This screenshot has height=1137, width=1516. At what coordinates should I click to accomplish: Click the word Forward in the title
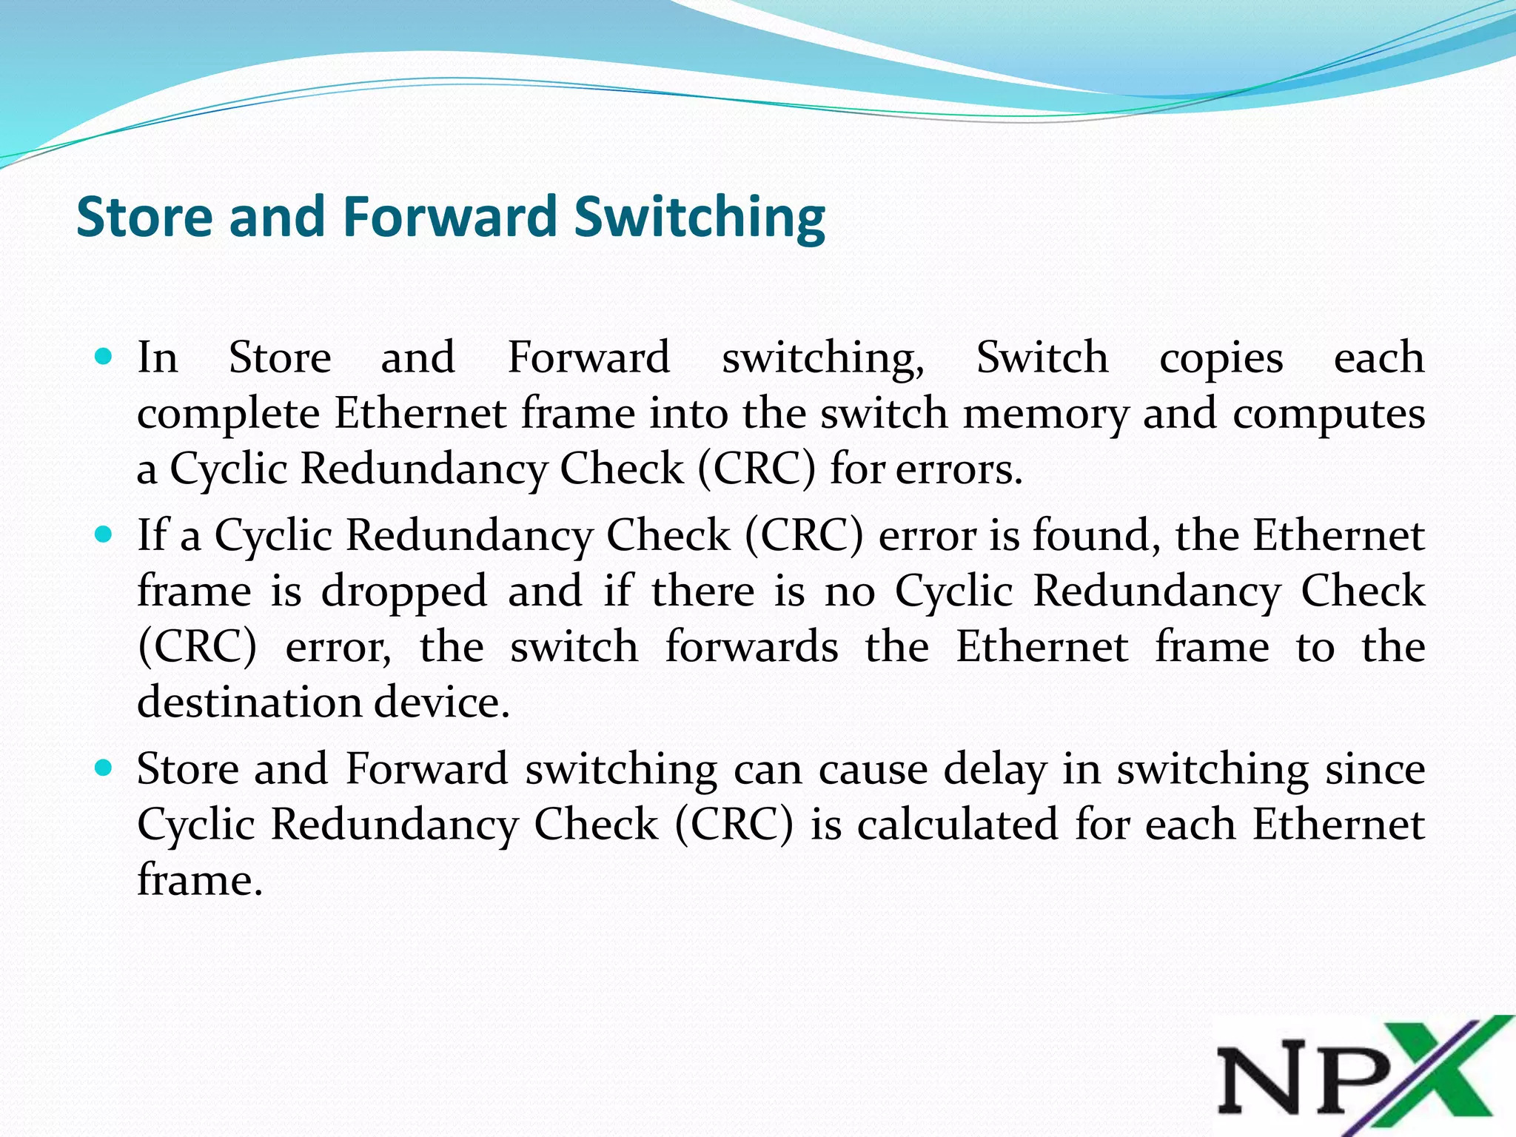pyautogui.click(x=450, y=217)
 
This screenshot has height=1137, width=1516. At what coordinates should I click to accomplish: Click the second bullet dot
pyautogui.click(x=104, y=534)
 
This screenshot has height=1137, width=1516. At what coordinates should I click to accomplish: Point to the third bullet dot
pyautogui.click(x=104, y=768)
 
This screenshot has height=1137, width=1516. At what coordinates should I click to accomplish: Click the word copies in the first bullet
pyautogui.click(x=1221, y=359)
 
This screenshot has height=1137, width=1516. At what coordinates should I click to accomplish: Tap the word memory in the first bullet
pyautogui.click(x=1044, y=413)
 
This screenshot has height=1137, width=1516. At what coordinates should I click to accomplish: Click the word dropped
pyautogui.click(x=403, y=592)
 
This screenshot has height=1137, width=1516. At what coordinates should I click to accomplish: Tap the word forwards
pyautogui.click(x=751, y=647)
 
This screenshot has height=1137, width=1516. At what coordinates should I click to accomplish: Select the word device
pyautogui.click(x=441, y=702)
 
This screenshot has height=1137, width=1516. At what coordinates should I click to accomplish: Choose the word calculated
pyautogui.click(x=957, y=825)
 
